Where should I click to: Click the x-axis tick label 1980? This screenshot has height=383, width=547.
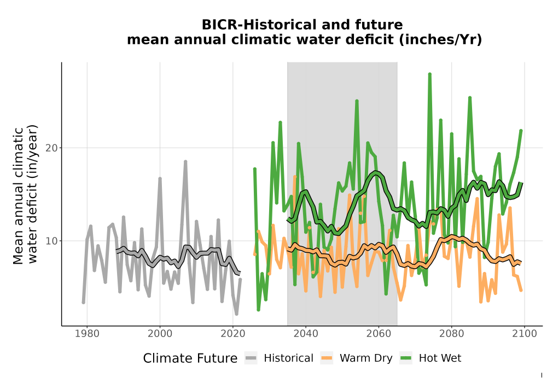[87, 334]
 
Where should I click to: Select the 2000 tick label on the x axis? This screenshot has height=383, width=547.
[160, 334]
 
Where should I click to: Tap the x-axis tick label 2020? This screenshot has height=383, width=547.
[232, 334]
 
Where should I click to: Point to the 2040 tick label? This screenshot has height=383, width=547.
[306, 334]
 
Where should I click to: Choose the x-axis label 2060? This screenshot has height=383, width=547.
[379, 334]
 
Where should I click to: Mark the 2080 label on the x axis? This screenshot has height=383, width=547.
[451, 334]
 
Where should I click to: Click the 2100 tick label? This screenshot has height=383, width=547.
[525, 334]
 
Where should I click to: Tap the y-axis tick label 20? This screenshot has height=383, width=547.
[51, 148]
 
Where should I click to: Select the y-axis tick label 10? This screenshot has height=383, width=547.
[51, 241]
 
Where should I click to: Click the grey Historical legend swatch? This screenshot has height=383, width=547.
[251, 358]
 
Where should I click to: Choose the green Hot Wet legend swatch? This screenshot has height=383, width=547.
[406, 358]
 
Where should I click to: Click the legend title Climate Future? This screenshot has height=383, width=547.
[190, 358]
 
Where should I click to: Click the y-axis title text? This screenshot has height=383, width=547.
[25, 195]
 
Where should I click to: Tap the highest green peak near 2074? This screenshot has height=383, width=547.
[430, 74]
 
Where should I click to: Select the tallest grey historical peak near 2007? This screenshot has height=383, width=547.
[185, 161]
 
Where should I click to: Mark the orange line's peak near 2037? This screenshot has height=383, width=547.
[295, 177]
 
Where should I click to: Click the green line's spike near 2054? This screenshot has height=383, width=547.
[357, 101]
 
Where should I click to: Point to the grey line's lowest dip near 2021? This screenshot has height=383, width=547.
[236, 314]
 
